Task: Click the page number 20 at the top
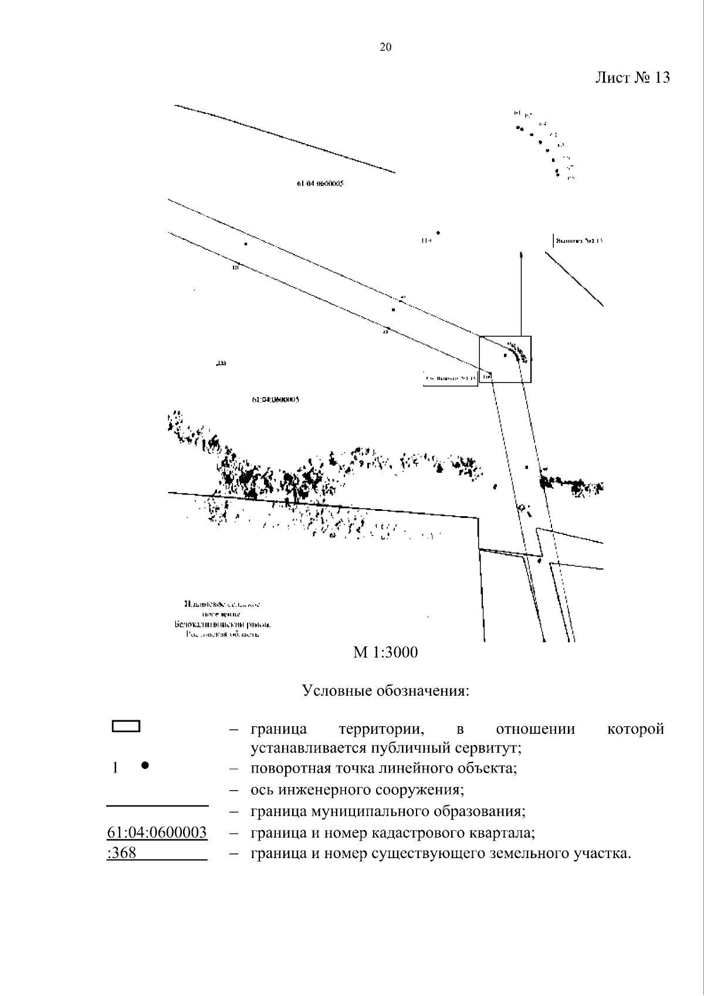click(x=385, y=48)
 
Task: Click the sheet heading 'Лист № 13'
click(x=632, y=77)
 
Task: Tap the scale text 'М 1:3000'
click(x=385, y=652)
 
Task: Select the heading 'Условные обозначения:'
click(x=385, y=690)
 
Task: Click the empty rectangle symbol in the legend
click(x=126, y=726)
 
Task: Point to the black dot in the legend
click(x=145, y=765)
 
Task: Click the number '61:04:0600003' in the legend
click(x=157, y=833)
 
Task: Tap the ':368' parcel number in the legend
click(x=122, y=853)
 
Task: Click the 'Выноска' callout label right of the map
click(x=578, y=241)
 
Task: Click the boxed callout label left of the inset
click(x=450, y=378)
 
